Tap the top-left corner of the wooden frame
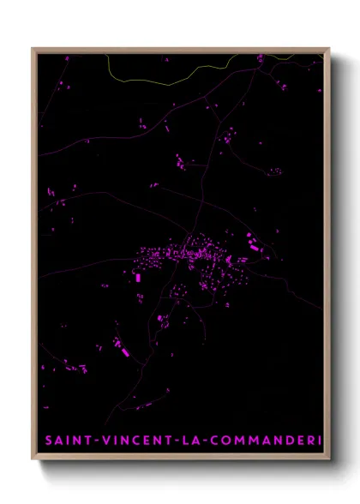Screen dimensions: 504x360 (33, 49)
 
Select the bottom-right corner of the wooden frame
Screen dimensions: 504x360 (328, 461)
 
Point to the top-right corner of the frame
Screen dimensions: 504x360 (328, 49)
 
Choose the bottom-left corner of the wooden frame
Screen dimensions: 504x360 (33, 461)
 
